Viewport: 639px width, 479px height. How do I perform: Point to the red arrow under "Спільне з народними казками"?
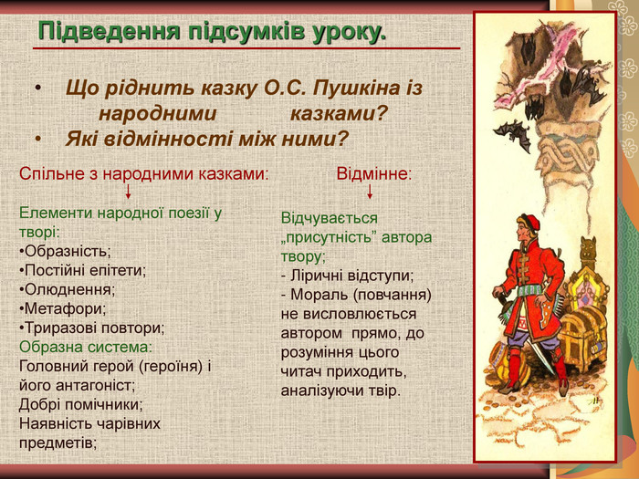[x=128, y=192]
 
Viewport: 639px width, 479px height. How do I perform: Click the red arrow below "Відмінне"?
[x=370, y=192]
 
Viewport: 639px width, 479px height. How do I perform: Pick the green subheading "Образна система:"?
[x=85, y=347]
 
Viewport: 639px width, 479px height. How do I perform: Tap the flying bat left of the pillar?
[x=511, y=134]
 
